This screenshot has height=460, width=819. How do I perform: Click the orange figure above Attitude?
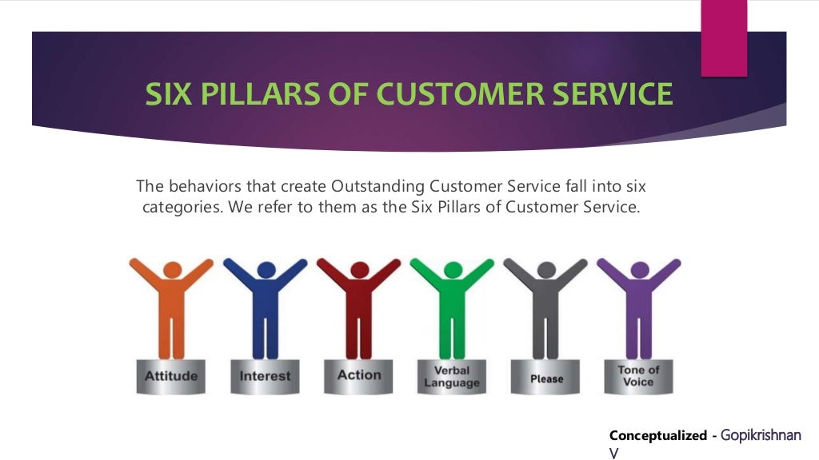point(172,311)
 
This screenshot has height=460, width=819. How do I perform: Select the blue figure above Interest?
point(266,311)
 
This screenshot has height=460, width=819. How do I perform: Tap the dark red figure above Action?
point(359,311)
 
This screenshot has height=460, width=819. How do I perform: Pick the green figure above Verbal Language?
point(452,311)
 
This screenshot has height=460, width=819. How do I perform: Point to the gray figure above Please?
point(545,311)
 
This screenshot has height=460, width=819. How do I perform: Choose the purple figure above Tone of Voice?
point(638,311)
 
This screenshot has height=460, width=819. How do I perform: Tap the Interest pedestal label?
point(266,375)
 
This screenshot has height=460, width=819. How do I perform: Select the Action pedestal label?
point(359,374)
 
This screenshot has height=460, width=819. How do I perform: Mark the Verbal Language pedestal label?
point(452,376)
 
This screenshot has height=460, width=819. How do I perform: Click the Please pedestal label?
point(546,379)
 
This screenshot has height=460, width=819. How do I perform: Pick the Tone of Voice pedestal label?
point(638,375)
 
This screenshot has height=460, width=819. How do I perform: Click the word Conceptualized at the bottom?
point(657,435)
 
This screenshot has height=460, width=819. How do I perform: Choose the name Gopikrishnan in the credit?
point(761,435)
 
